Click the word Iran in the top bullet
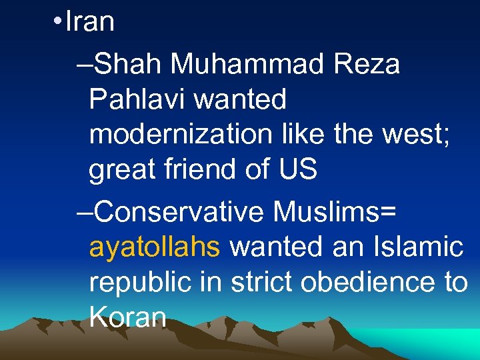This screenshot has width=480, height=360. pos(90,22)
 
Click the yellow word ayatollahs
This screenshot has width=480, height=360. pos(154,247)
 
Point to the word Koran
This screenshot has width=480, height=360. pos(127,317)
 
